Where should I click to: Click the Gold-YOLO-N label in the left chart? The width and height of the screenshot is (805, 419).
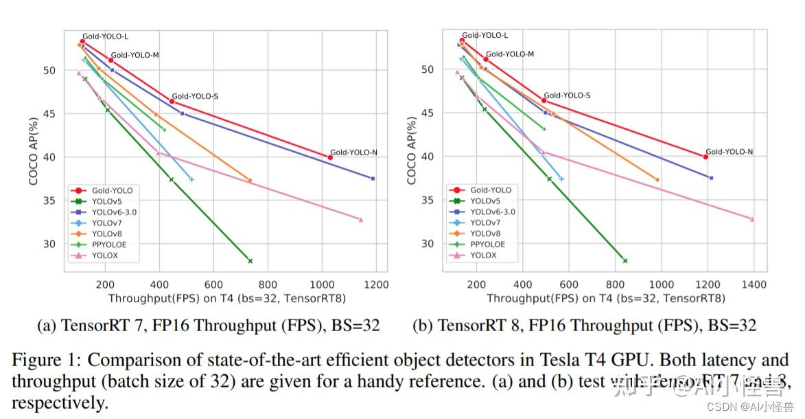(353, 152)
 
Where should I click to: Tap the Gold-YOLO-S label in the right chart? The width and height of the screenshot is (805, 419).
(567, 95)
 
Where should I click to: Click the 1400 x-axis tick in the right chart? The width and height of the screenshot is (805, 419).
(754, 284)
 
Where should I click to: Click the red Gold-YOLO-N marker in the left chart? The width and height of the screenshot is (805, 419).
(330, 157)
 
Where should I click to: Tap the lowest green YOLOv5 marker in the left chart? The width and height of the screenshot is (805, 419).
(250, 261)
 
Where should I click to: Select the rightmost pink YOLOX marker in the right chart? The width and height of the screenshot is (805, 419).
(752, 219)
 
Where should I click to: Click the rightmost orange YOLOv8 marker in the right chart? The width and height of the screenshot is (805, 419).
(657, 180)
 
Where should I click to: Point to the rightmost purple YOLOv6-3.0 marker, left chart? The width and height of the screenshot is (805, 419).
(373, 179)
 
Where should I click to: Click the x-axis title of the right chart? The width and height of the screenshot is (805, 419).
(606, 299)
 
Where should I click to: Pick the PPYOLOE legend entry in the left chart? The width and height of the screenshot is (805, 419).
(109, 245)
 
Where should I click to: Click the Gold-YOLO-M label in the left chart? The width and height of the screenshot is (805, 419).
(135, 55)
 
